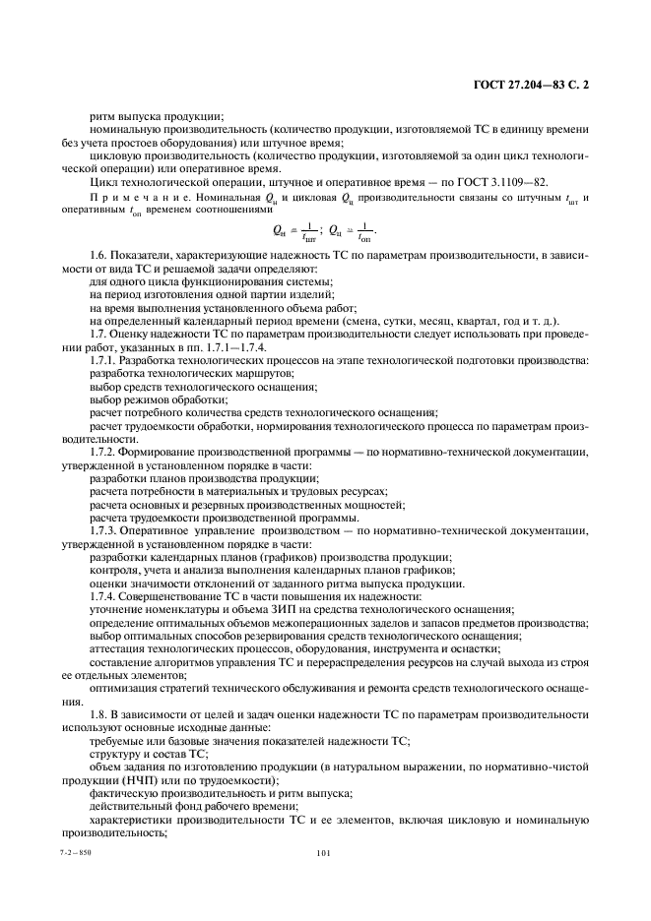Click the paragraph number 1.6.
(98, 256)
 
